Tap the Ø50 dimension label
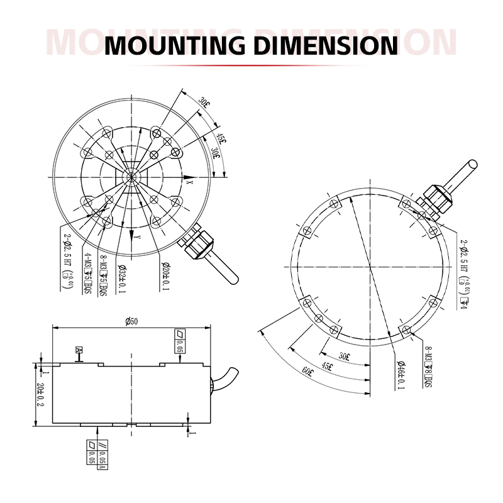[x=131, y=321]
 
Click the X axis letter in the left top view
[x=189, y=181]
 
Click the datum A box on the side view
[x=79, y=350]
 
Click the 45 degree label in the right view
[x=327, y=365]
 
